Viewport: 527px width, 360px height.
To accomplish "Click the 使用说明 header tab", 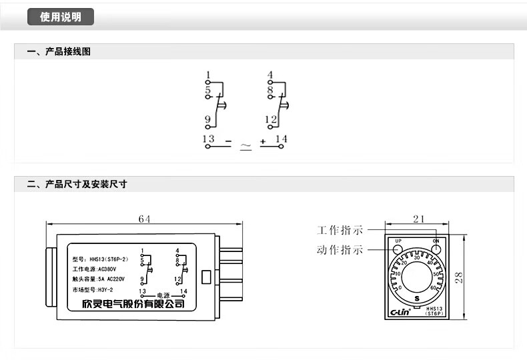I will (61, 17).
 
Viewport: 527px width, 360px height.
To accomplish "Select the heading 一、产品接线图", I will (59, 51).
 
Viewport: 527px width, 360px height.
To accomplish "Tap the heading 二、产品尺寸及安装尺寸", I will (77, 184).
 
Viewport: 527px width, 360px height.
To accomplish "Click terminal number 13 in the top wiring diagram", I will (209, 139).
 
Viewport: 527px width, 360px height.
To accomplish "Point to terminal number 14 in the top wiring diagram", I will (281, 139).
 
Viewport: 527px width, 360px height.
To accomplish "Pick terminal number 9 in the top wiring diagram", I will (208, 120).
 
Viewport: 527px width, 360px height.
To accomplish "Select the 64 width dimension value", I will (144, 219).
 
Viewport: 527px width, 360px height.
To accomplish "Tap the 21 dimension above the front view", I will (418, 219).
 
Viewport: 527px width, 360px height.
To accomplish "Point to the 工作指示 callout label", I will (340, 231).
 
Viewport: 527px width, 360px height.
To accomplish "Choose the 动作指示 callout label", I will (340, 251).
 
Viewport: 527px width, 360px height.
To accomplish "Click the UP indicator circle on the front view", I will (398, 249).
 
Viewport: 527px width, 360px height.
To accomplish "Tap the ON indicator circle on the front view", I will (436, 249).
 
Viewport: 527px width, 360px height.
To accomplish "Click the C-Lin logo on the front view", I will (398, 310).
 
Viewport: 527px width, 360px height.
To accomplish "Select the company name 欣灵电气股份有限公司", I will (128, 304).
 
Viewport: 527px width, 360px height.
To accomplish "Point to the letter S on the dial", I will (417, 298).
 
